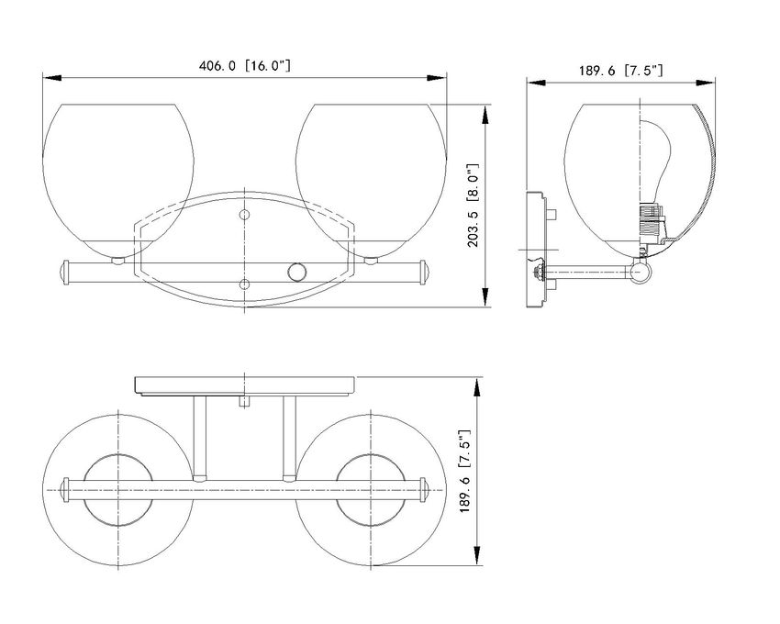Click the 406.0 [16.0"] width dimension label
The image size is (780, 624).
point(244,66)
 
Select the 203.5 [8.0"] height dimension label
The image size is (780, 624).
point(474,205)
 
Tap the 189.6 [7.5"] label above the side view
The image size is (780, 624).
point(620,70)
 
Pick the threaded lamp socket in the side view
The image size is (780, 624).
point(652,220)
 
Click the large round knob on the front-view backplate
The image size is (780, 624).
point(297,273)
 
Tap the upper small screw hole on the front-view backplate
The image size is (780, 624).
point(244,215)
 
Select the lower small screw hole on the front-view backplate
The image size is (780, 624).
point(244,284)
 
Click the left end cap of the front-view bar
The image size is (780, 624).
point(63,273)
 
